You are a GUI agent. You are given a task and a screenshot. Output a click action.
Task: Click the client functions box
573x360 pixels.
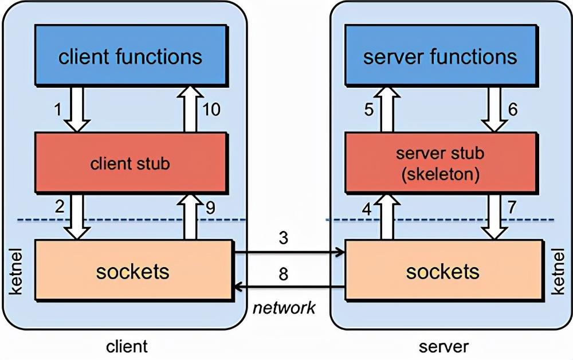[130, 57]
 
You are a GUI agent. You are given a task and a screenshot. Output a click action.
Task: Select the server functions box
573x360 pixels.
[440, 57]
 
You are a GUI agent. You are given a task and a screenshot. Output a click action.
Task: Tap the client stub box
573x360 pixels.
[130, 163]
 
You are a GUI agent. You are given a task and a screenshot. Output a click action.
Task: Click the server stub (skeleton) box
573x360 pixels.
[440, 163]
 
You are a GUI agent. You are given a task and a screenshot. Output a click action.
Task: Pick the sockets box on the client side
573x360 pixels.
[133, 271]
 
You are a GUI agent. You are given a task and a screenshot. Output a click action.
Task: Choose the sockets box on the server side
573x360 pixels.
[443, 271]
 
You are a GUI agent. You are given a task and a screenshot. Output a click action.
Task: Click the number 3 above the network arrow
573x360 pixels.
[284, 238]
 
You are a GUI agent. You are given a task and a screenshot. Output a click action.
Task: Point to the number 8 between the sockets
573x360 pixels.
[284, 273]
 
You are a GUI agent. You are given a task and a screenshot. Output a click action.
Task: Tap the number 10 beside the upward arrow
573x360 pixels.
[211, 109]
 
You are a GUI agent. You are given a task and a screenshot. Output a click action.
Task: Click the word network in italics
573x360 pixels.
[284, 308]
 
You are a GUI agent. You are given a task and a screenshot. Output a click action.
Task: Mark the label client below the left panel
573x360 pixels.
[127, 346]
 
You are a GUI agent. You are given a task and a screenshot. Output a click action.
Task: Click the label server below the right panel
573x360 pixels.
[444, 346]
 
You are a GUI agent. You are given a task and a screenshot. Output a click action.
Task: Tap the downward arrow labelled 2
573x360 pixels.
[77, 216]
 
